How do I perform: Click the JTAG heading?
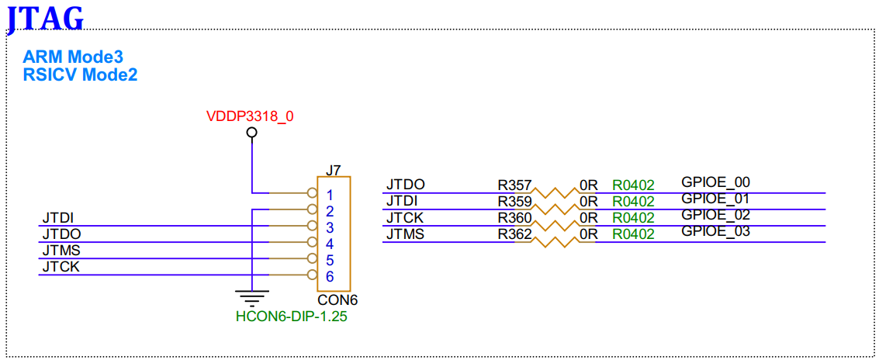click(x=45, y=17)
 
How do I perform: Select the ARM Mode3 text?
click(x=73, y=57)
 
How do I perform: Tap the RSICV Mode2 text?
click(x=80, y=75)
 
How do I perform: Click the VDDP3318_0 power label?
click(x=250, y=117)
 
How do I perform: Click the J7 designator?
click(x=333, y=170)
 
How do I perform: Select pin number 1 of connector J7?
click(x=330, y=195)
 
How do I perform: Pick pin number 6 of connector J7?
click(x=330, y=276)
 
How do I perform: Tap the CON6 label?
click(x=337, y=299)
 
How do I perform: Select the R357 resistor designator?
click(x=514, y=185)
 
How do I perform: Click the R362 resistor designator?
click(x=514, y=234)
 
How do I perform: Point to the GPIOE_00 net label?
click(x=715, y=182)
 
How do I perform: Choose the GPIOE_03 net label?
click(x=715, y=231)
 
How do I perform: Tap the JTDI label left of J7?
click(x=57, y=218)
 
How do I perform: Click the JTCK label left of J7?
click(x=61, y=267)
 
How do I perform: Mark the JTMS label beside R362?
click(x=405, y=234)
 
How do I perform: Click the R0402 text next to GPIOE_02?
click(x=633, y=218)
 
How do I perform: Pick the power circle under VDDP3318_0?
click(x=251, y=133)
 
